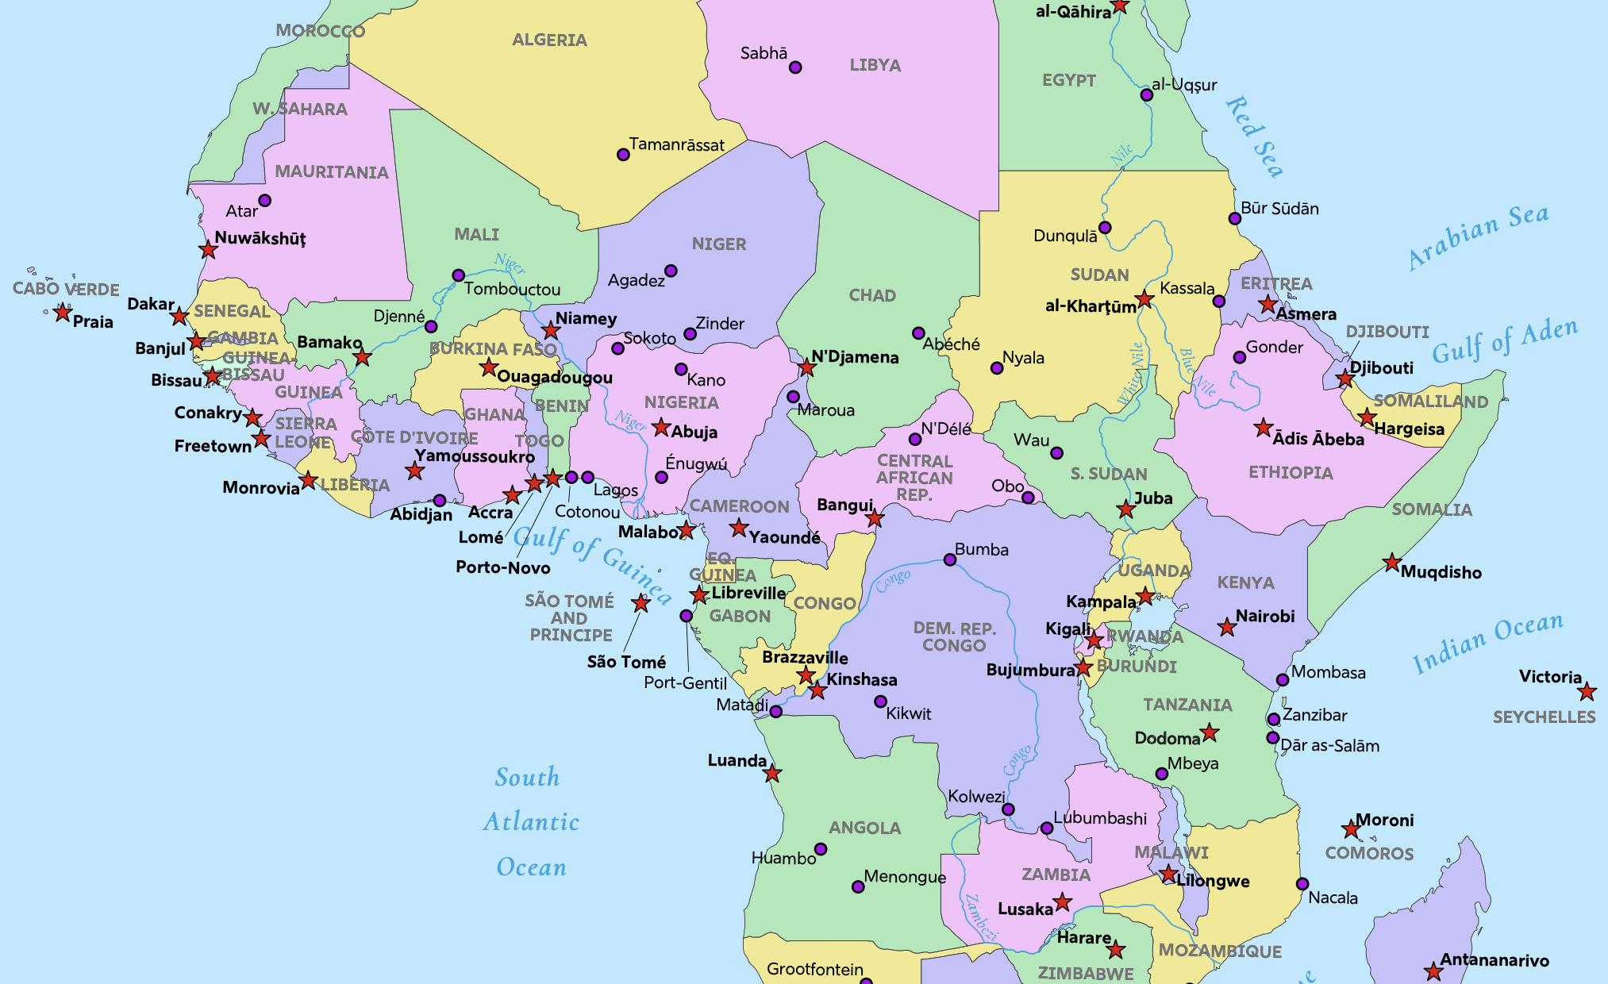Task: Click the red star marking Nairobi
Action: (1227, 628)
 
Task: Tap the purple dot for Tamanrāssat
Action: (623, 155)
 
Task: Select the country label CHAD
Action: (872, 295)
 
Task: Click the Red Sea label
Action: (1254, 136)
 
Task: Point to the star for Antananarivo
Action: (1433, 971)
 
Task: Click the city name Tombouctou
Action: (512, 289)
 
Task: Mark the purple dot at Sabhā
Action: (795, 67)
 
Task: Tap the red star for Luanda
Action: (772, 774)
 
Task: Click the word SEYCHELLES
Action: (1544, 717)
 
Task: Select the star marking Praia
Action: (63, 313)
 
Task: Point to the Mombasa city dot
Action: (1283, 680)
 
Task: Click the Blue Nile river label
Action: (1198, 372)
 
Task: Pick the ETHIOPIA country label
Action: (1291, 473)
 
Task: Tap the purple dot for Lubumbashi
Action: (1047, 828)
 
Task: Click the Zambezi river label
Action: (980, 917)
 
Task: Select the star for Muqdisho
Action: (1392, 563)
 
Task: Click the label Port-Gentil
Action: (685, 683)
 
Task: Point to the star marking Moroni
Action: (1351, 830)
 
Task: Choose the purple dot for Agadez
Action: (671, 271)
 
